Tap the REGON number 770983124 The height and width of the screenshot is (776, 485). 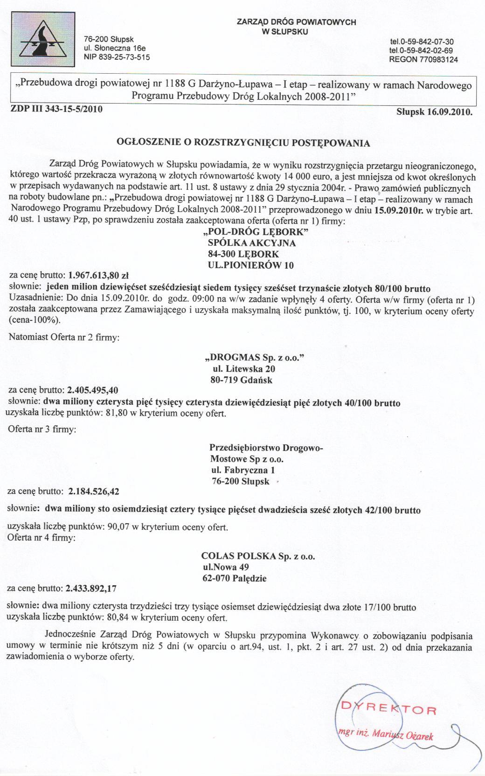423,59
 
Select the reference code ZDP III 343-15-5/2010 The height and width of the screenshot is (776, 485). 56,109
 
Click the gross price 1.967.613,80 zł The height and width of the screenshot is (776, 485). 98,275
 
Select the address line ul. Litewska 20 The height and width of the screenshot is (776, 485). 243,368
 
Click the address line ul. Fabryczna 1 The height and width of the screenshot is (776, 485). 243,470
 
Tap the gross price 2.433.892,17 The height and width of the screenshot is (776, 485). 91,588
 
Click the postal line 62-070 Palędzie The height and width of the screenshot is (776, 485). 235,579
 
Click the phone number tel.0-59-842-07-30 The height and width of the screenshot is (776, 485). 421,42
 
